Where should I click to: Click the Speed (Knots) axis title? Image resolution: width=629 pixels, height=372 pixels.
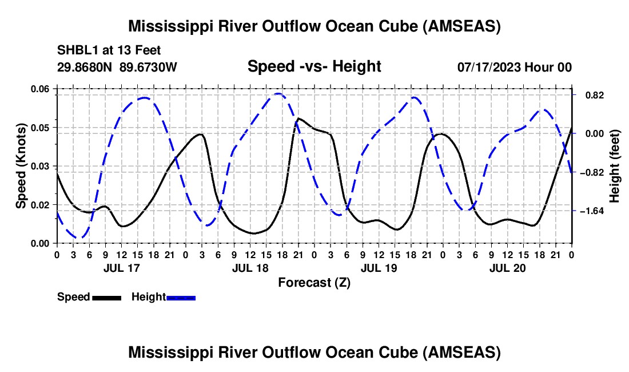point(21,165)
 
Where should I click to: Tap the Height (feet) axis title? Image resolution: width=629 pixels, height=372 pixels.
point(615,166)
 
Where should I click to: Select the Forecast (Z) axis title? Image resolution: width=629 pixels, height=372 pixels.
point(314,282)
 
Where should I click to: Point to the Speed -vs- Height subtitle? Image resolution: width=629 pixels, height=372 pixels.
point(314,66)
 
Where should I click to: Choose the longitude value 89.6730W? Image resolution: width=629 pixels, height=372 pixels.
point(149,67)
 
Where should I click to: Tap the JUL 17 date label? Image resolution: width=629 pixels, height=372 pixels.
point(121,267)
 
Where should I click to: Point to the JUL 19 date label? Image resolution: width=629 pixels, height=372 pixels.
point(378,267)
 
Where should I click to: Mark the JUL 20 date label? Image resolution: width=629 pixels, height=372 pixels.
point(507,267)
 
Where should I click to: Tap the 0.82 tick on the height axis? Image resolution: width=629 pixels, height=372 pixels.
point(590,95)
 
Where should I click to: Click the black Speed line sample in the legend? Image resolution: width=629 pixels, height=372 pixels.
point(106,298)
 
